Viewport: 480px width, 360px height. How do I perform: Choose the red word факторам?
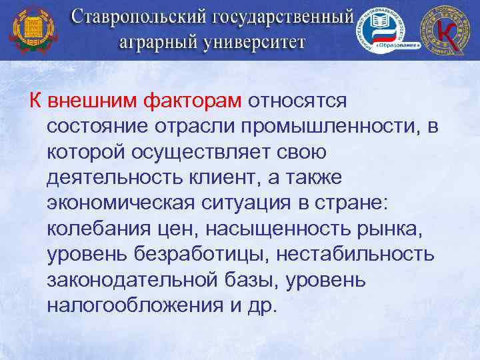point(193,101)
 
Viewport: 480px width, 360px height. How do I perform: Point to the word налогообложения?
point(138,304)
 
